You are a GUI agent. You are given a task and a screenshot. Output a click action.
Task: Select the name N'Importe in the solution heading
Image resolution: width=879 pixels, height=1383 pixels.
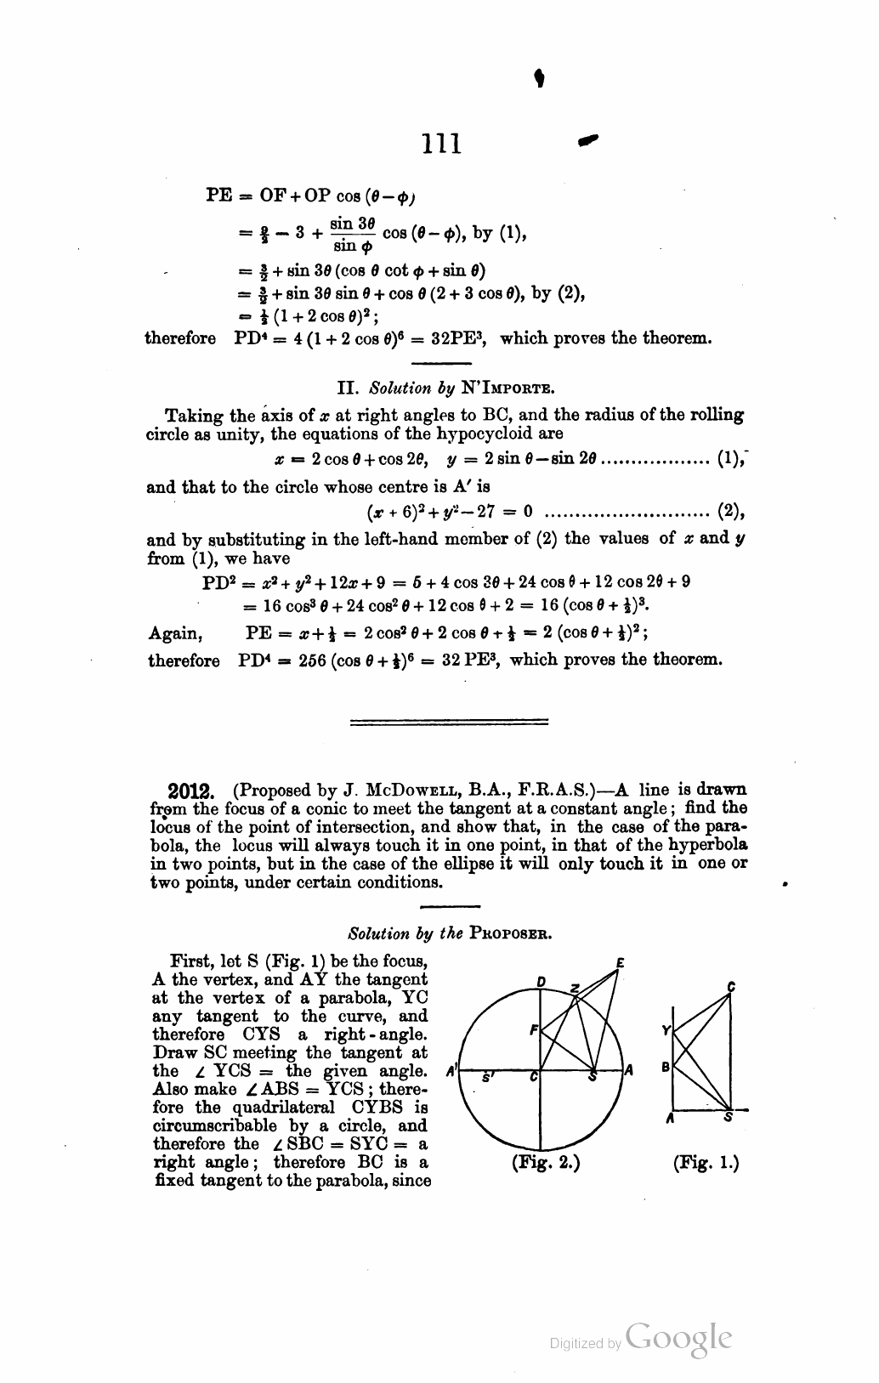tap(508, 389)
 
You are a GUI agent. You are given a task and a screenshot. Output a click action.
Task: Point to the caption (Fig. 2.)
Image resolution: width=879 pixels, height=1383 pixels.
tap(546, 1162)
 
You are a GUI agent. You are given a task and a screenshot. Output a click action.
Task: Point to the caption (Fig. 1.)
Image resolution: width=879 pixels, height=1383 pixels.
tap(706, 1162)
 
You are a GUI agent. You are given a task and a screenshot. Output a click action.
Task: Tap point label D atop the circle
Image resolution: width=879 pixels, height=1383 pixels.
tap(541, 983)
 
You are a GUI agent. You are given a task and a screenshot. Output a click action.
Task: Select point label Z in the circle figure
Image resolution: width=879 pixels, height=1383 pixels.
tap(576, 989)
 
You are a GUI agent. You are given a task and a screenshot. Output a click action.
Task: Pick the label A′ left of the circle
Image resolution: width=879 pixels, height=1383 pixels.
tap(451, 1070)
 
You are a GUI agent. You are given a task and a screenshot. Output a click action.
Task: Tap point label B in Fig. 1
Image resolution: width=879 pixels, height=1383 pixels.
tap(666, 1066)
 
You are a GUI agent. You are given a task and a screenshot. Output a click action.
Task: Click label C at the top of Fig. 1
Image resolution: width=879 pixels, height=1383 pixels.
tap(731, 987)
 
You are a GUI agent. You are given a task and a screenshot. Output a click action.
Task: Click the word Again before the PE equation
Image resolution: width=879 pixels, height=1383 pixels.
tap(175, 633)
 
